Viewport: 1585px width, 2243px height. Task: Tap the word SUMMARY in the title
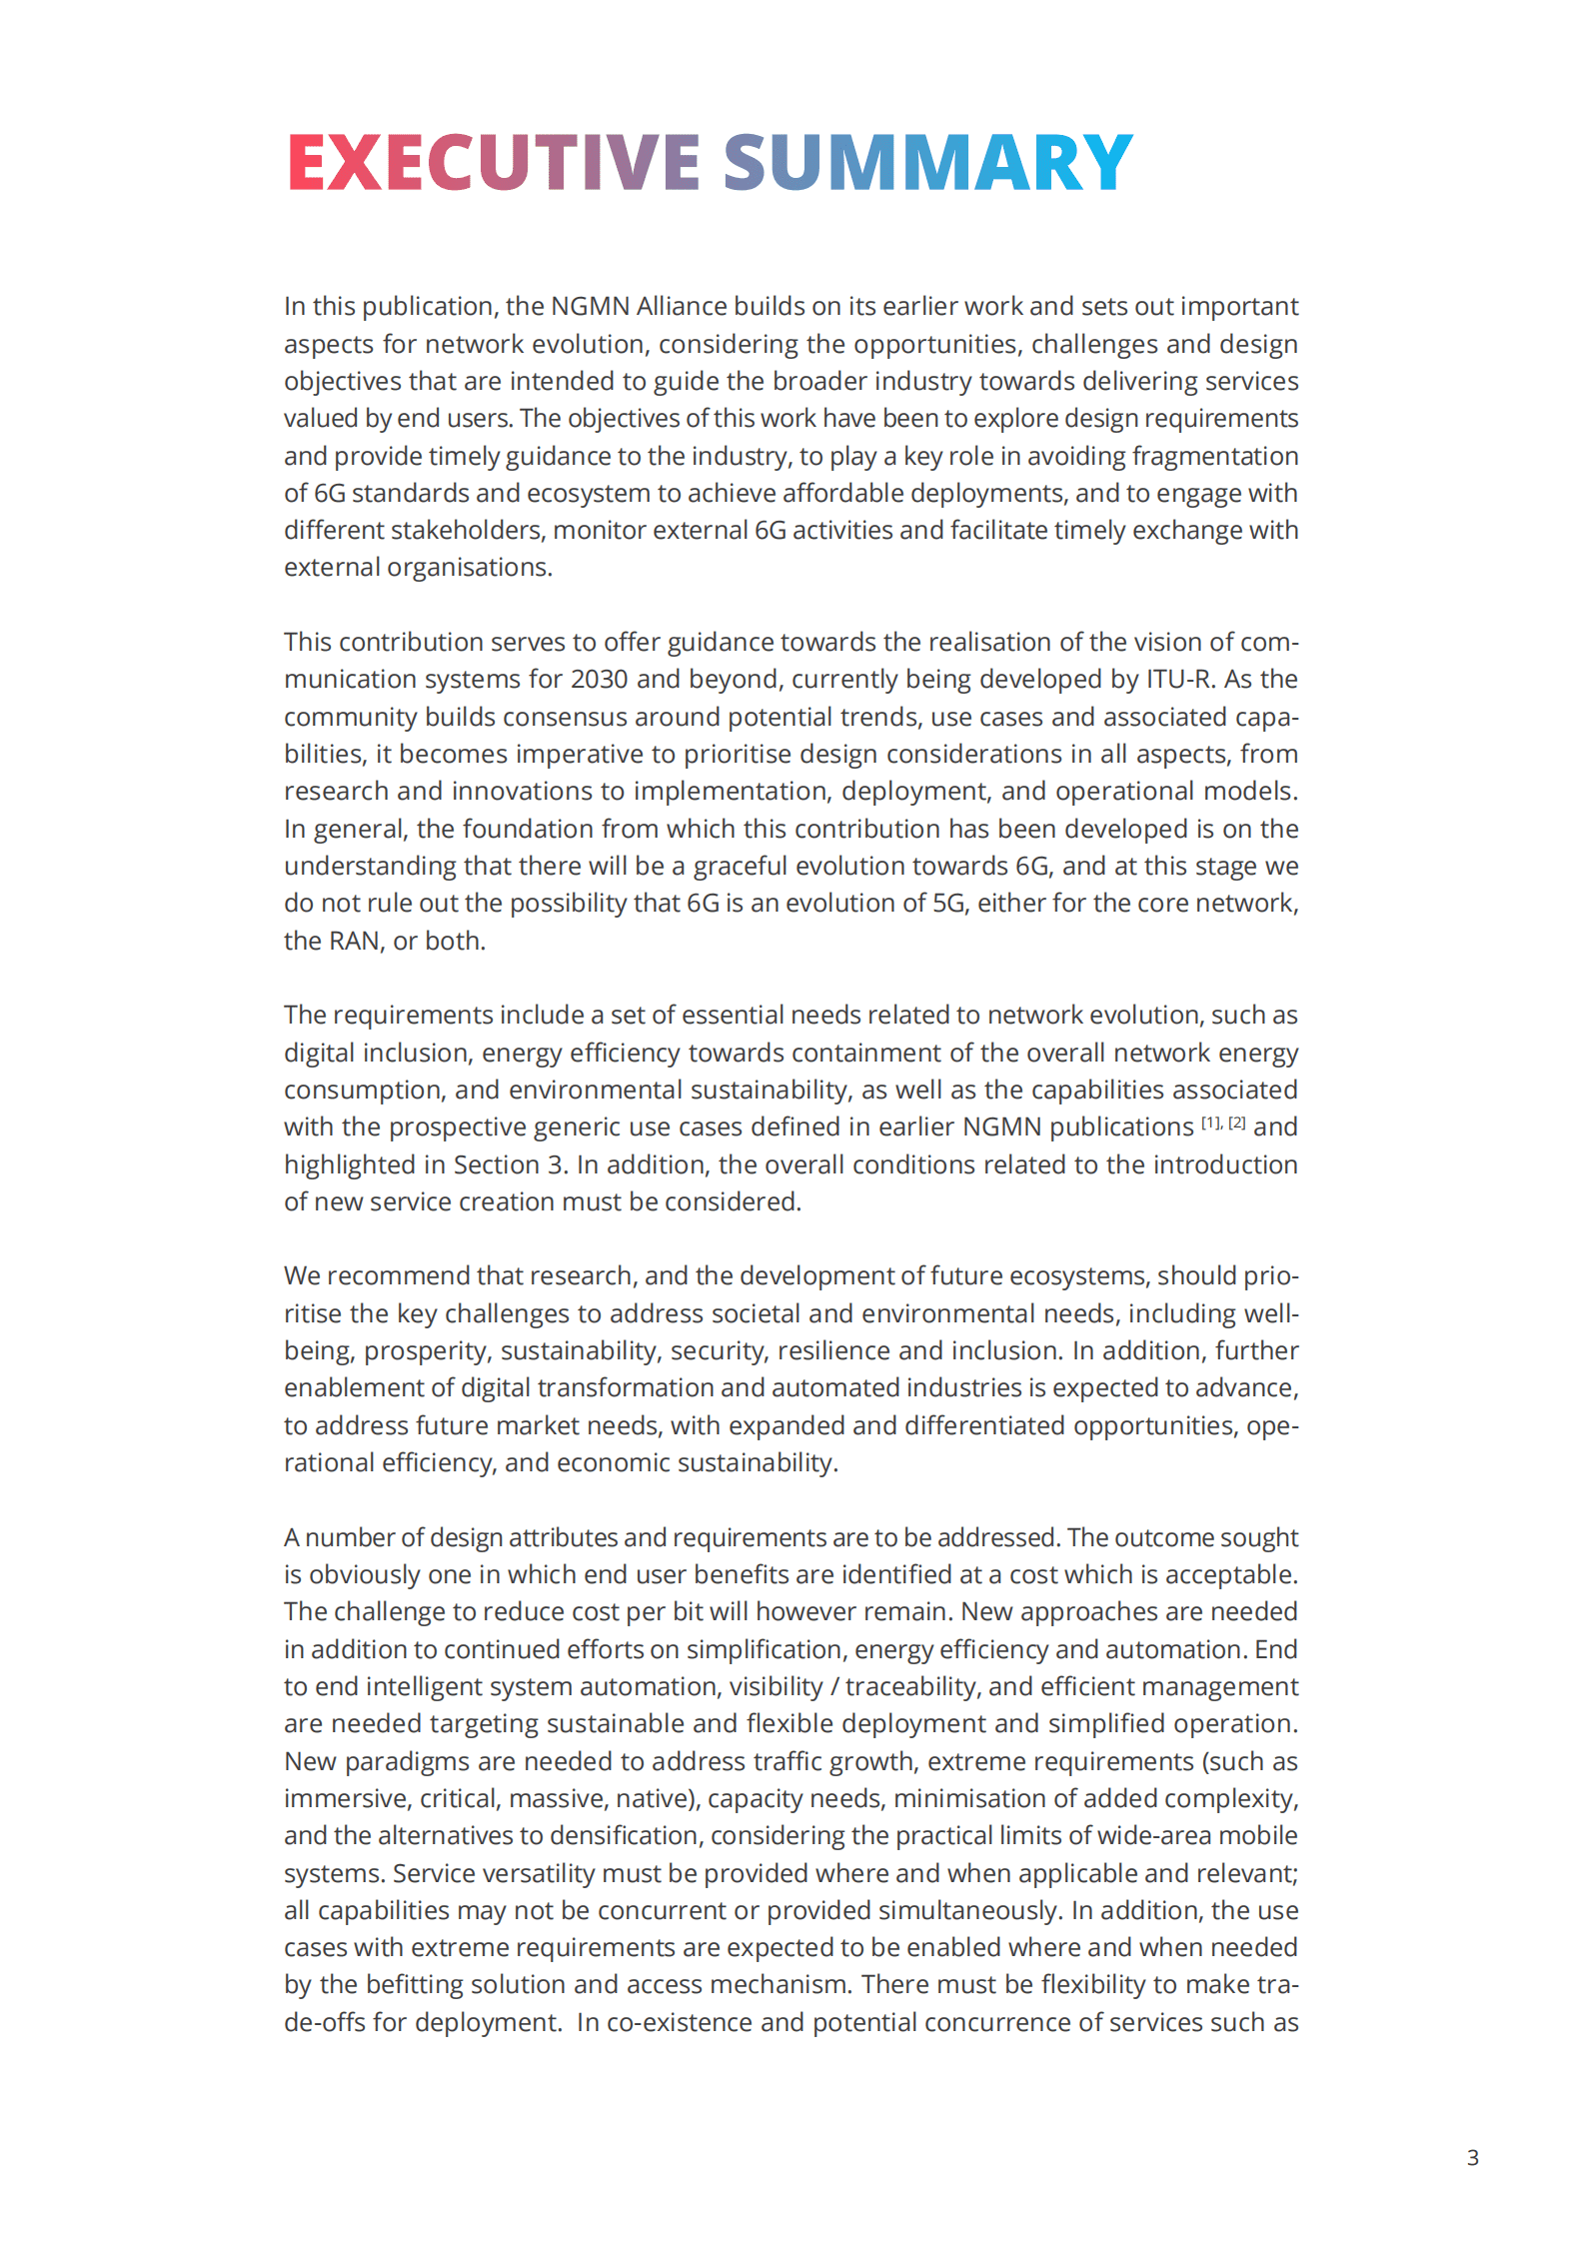[x=927, y=162]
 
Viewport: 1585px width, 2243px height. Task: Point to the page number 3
[x=1472, y=2157]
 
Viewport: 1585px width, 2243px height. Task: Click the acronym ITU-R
[x=1180, y=679]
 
